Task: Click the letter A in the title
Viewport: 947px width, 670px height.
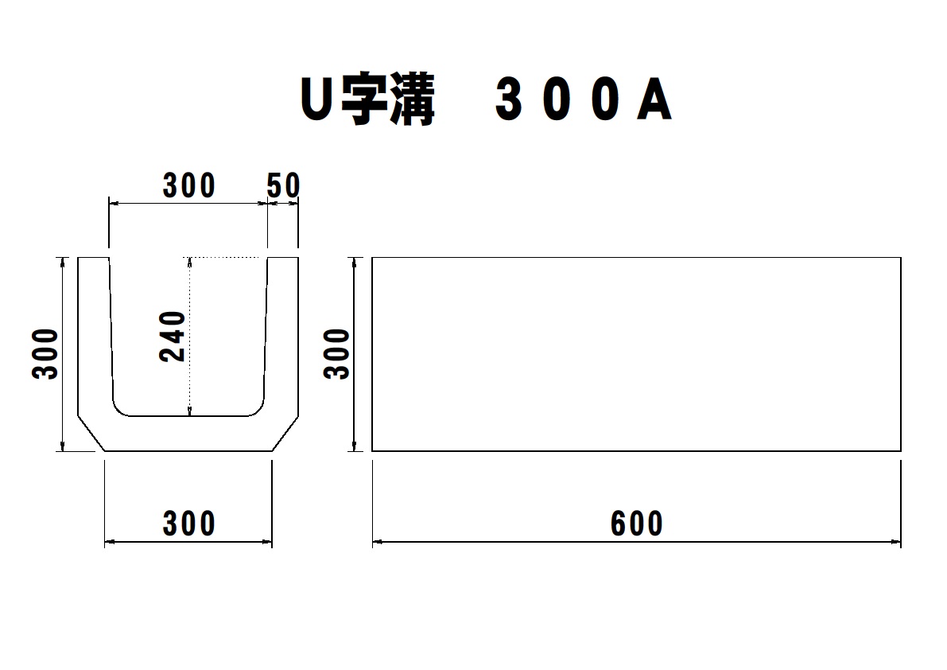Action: (654, 99)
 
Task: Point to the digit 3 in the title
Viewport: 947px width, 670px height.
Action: (509, 99)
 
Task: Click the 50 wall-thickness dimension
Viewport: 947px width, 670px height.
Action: (283, 185)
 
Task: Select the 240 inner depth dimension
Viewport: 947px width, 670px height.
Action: (172, 336)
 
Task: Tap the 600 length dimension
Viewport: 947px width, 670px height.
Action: (637, 524)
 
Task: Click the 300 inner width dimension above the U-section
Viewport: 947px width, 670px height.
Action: (188, 185)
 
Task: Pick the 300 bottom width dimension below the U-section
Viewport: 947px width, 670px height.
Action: (188, 524)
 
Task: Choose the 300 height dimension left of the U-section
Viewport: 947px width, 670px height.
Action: (45, 354)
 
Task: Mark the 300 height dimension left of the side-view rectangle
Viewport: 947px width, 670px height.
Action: (336, 354)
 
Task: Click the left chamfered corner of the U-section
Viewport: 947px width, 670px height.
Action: (91, 433)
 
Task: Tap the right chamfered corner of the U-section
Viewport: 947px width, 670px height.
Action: (285, 433)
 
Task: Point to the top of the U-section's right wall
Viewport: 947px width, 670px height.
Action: (282, 258)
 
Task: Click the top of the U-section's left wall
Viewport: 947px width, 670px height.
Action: (94, 258)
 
